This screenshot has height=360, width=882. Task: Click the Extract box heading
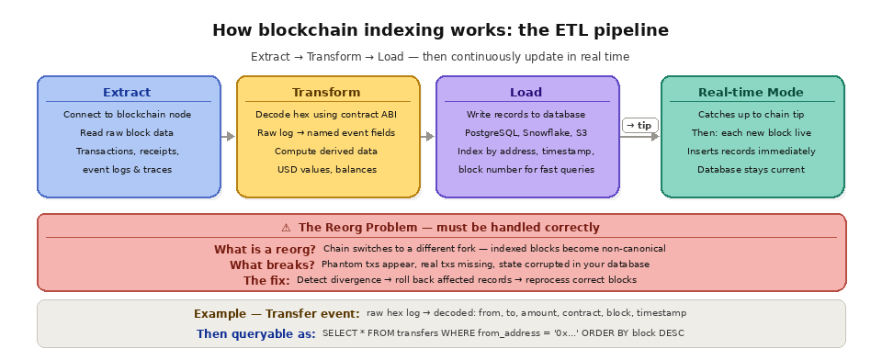click(127, 93)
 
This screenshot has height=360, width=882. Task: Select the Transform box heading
click(327, 93)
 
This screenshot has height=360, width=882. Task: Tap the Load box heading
click(526, 93)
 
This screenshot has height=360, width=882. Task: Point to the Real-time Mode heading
click(751, 93)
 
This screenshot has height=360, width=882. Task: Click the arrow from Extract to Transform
click(229, 137)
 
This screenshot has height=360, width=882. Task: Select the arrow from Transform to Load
click(428, 137)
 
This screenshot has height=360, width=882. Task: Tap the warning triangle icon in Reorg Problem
click(286, 228)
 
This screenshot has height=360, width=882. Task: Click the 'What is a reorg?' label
click(265, 249)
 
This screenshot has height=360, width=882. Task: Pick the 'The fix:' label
click(266, 280)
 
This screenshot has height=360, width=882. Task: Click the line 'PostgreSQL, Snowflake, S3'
click(526, 133)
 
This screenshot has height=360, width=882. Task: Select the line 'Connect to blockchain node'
click(127, 115)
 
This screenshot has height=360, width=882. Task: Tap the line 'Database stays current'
click(751, 170)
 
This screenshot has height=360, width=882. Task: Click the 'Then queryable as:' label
click(256, 333)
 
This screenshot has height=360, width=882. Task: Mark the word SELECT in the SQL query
click(339, 333)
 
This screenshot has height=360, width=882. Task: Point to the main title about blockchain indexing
click(440, 30)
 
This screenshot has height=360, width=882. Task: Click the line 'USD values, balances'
click(327, 170)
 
